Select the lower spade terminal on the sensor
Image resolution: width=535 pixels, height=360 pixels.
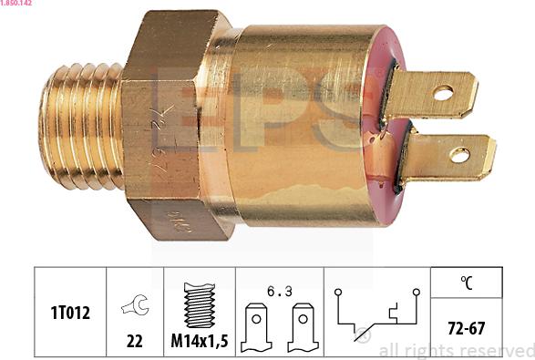448,156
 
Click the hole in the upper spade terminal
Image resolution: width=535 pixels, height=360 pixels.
443,92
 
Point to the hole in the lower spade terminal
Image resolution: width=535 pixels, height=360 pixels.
460,155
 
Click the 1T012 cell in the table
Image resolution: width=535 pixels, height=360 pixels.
70,311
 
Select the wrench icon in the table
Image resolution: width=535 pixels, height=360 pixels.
135,306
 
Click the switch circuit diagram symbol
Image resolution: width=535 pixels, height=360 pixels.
377,314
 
